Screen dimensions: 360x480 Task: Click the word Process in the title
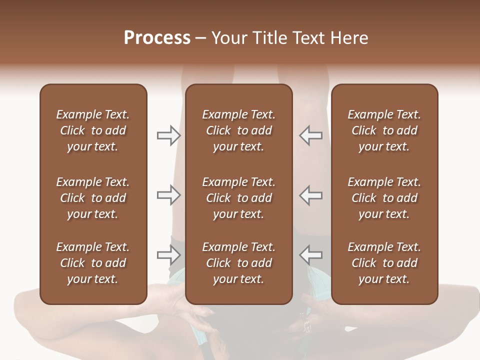pyautogui.click(x=157, y=38)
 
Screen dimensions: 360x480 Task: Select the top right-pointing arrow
pyautogui.click(x=169, y=135)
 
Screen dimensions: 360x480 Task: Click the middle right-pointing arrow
pyautogui.click(x=169, y=195)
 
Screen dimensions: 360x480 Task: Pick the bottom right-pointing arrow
pyautogui.click(x=169, y=255)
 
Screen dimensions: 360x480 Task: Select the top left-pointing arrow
pyautogui.click(x=311, y=135)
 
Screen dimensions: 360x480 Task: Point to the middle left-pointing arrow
pyautogui.click(x=311, y=195)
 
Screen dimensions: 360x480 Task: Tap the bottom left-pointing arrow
pyautogui.click(x=311, y=255)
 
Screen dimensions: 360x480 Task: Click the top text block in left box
pyautogui.click(x=93, y=130)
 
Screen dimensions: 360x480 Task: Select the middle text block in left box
pyautogui.click(x=93, y=198)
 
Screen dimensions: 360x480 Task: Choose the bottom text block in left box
pyautogui.click(x=93, y=263)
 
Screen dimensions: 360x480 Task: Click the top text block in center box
pyautogui.click(x=238, y=130)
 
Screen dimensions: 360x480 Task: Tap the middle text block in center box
pyautogui.click(x=238, y=198)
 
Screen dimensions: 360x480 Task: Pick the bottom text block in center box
pyautogui.click(x=238, y=263)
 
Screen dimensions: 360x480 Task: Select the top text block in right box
pyautogui.click(x=384, y=130)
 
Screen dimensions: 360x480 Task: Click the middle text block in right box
pyautogui.click(x=384, y=198)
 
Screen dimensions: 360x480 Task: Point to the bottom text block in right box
pyautogui.click(x=384, y=263)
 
